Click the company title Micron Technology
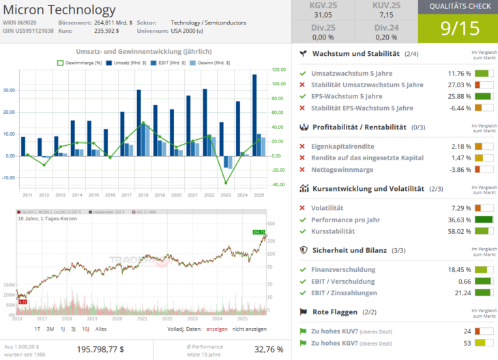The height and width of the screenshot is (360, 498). tap(60, 10)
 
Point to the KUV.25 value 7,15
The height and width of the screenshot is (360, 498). tap(386, 14)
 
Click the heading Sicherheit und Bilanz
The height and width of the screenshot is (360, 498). tap(349, 250)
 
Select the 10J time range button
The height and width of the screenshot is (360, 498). tap(85, 329)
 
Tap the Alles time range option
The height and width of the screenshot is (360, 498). tap(101, 329)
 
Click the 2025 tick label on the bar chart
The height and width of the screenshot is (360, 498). tap(258, 195)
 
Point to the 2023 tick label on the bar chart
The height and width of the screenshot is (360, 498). tap(225, 195)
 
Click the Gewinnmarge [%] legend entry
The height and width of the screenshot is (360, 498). tap(79, 62)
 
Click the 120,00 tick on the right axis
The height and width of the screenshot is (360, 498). tap(278, 69)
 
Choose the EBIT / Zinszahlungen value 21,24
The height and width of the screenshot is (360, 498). tap(463, 292)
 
